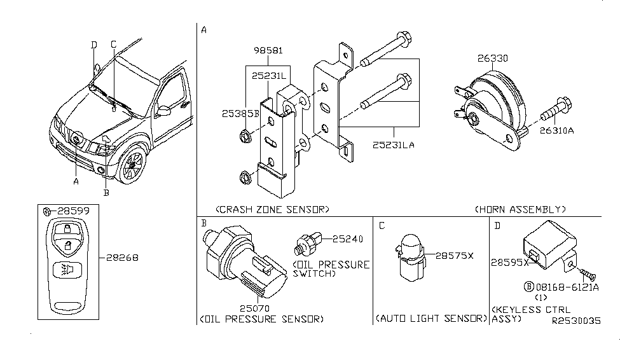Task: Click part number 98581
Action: pyautogui.click(x=269, y=51)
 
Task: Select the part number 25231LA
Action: pyautogui.click(x=394, y=146)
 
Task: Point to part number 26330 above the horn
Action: pyautogui.click(x=493, y=58)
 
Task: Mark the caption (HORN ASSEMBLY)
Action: pyautogui.click(x=520, y=209)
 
